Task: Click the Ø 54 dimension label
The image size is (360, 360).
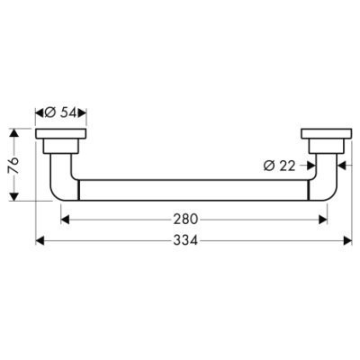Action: coord(61,112)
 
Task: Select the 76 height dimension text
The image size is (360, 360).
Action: coord(14,165)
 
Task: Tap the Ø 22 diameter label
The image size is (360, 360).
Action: coord(280,166)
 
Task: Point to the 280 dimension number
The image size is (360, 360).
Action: coord(185,220)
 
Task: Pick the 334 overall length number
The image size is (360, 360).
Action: coord(185,240)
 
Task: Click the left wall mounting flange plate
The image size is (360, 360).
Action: coord(61,134)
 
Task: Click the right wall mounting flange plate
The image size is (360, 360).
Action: coord(327,134)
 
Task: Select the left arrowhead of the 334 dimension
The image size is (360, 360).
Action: coord(40,240)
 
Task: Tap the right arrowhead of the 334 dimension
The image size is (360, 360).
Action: coord(347,240)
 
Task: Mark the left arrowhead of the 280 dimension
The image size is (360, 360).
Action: coord(65,220)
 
